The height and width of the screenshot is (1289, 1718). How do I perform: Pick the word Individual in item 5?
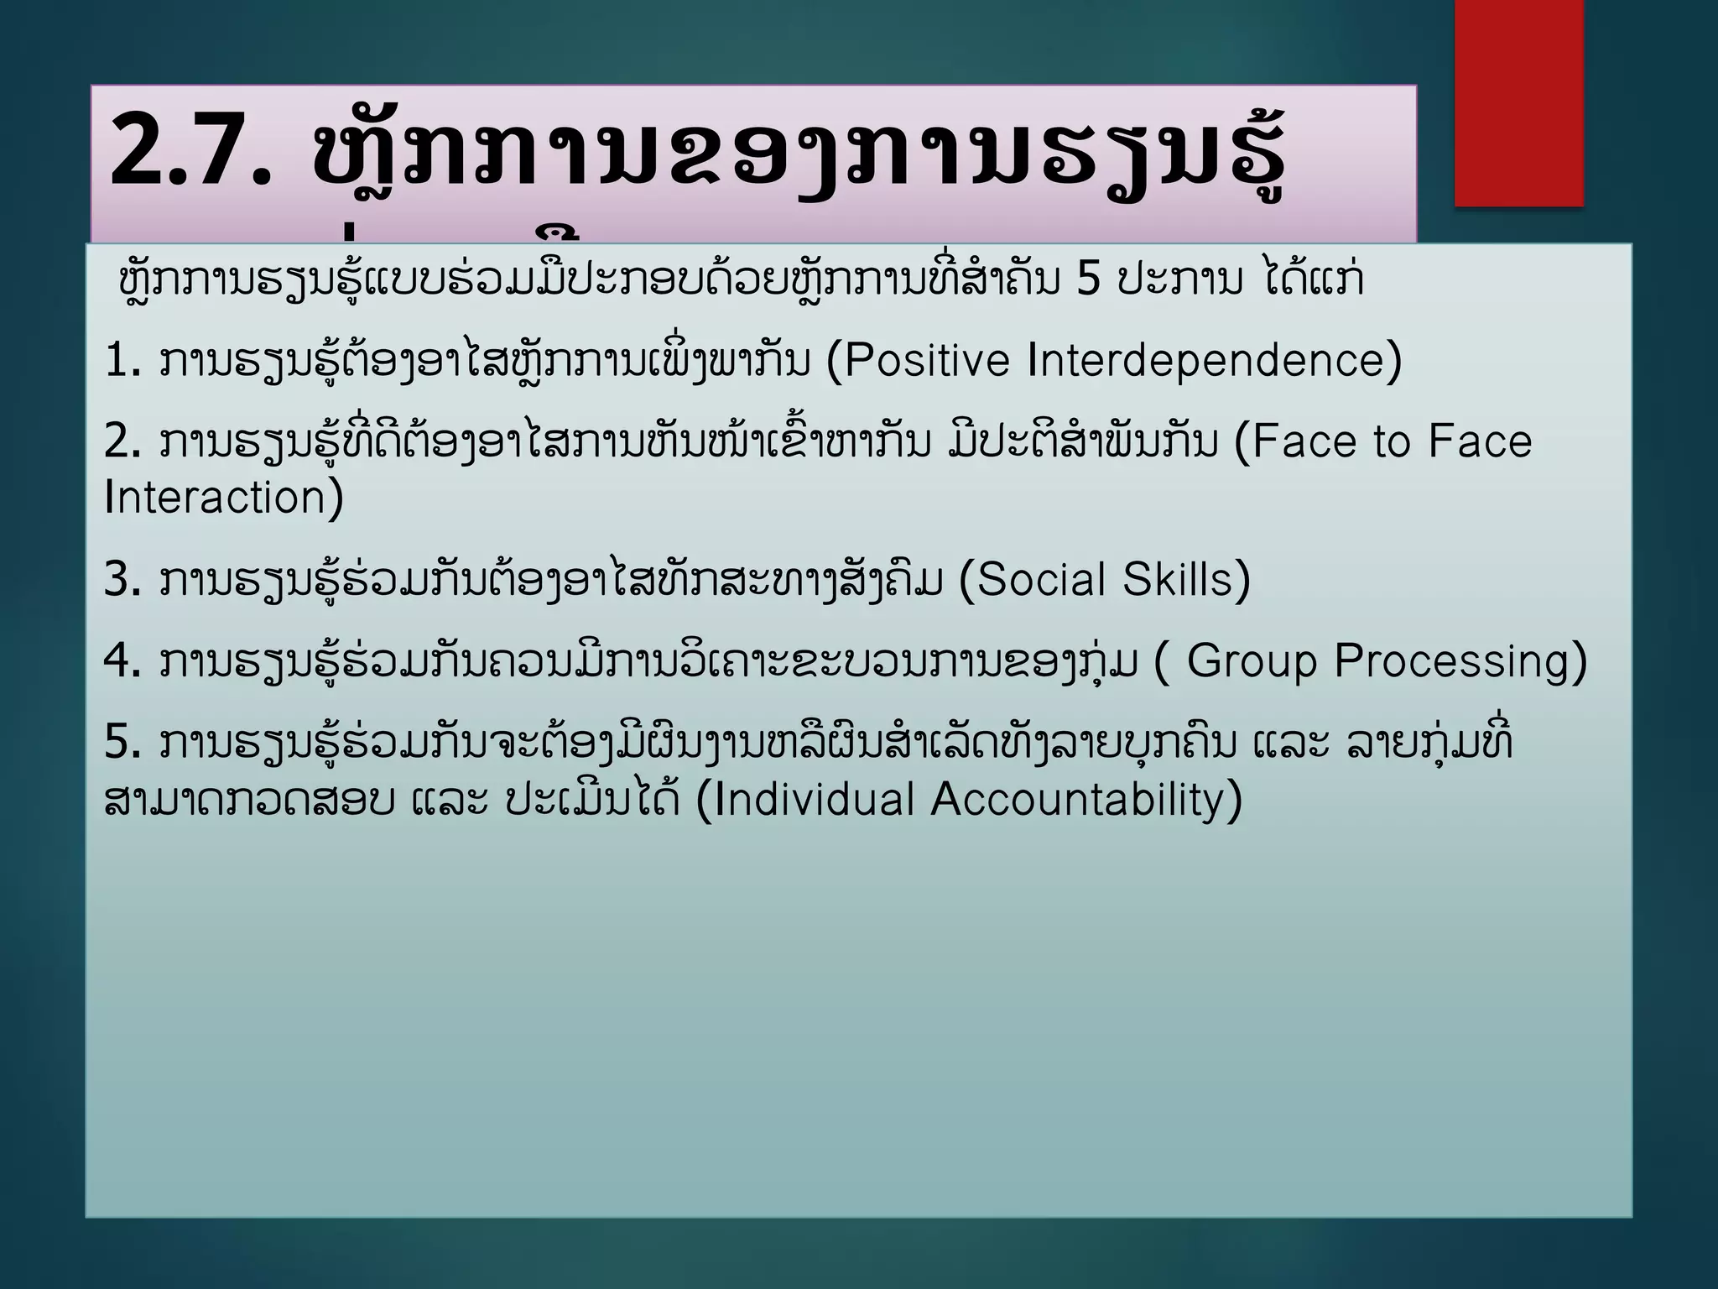point(813,799)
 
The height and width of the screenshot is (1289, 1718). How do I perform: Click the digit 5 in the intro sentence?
point(1087,280)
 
